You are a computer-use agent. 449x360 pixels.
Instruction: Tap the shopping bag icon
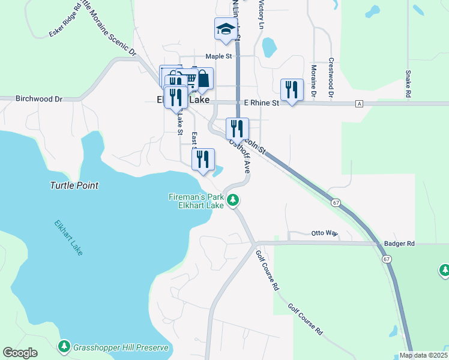[x=203, y=79]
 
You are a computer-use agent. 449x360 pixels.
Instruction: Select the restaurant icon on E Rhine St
[x=292, y=90]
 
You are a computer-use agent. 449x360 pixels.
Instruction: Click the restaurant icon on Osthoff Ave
[x=237, y=128]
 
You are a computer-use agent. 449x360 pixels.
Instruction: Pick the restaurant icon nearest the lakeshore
[x=203, y=160]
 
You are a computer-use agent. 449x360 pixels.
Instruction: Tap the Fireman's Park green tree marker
[x=234, y=201]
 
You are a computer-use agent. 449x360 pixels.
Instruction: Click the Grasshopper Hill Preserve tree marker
[x=64, y=347]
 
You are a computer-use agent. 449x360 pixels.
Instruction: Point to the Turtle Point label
[x=74, y=186]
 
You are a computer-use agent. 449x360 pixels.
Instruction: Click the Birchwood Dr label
[x=39, y=98]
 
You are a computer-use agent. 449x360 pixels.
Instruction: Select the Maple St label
[x=218, y=56]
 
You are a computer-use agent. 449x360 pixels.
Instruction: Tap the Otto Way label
[x=325, y=233]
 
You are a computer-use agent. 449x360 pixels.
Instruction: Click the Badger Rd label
[x=399, y=244]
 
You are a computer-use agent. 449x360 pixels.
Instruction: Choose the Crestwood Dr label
[x=331, y=78]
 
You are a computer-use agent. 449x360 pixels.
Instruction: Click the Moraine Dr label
[x=313, y=80]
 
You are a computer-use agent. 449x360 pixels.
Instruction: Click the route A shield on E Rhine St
[x=359, y=103]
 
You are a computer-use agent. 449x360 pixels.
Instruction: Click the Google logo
[x=20, y=353]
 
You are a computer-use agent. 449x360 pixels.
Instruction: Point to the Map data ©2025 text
[x=423, y=355]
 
